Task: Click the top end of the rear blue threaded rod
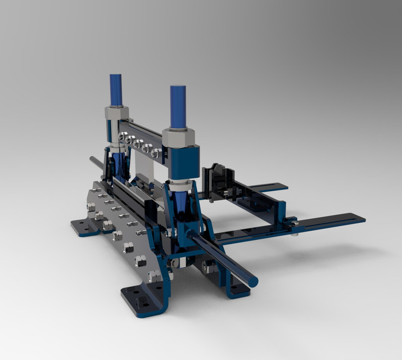click(116, 77)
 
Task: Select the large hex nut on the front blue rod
click(178, 136)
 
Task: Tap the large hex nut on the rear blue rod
click(116, 112)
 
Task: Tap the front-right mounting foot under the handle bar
click(239, 290)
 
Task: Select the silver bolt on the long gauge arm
click(294, 224)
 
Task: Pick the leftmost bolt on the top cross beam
click(123, 135)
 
